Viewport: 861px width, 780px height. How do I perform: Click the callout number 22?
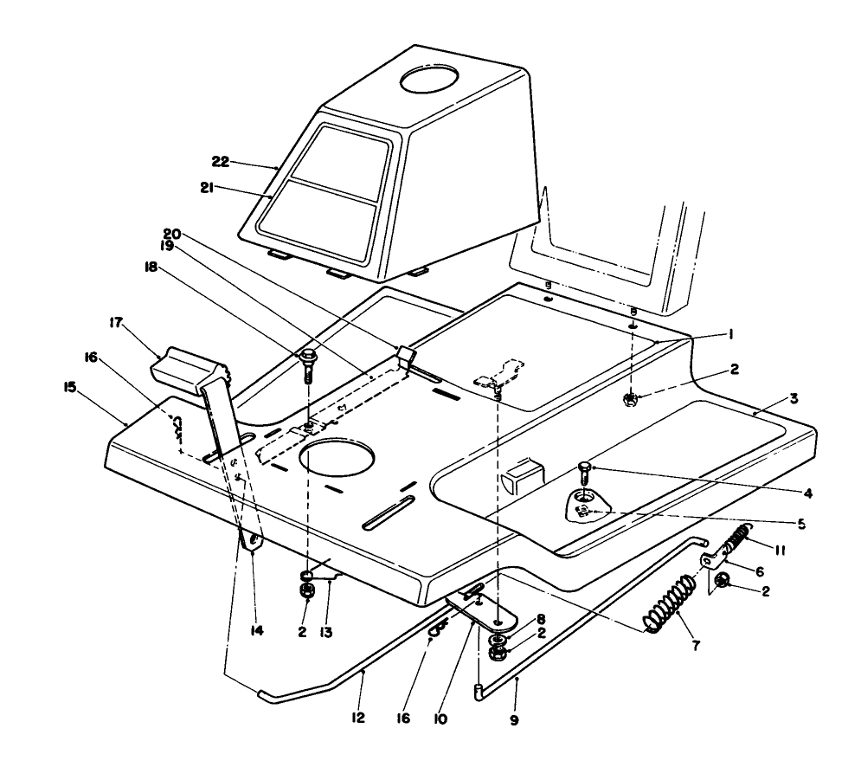(x=219, y=161)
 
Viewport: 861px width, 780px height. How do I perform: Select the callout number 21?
(x=219, y=188)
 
